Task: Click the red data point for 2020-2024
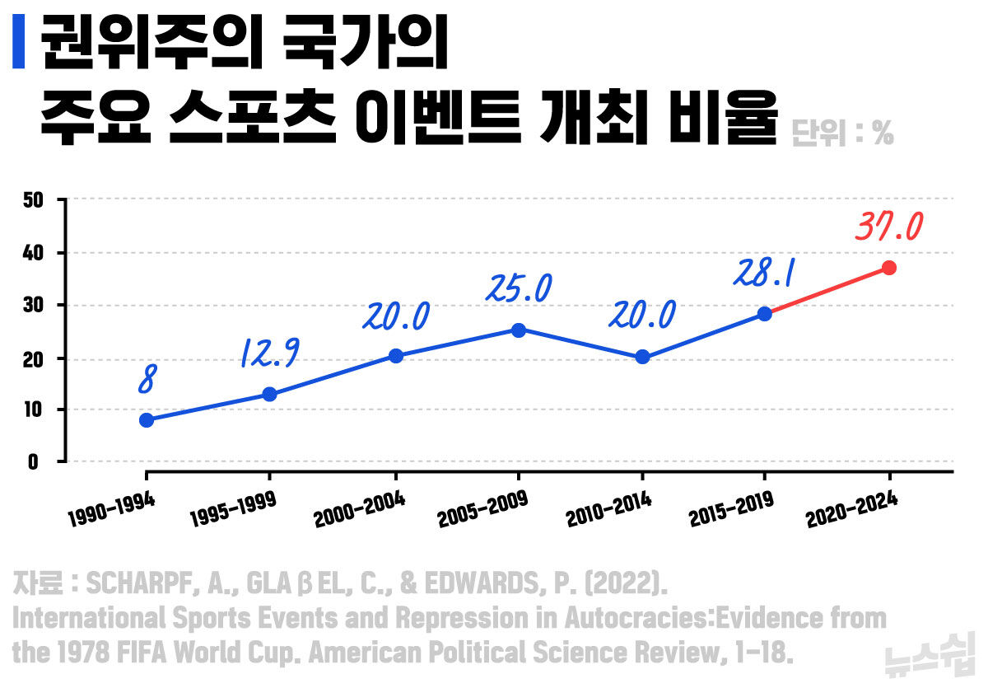coord(888,268)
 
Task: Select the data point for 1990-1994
coord(147,420)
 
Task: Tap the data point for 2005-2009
coord(518,330)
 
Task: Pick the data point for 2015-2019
coord(764,314)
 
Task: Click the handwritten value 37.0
coord(888,227)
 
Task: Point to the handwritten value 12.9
coord(269,353)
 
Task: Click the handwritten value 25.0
coord(518,288)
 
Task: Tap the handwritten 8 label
coord(147,381)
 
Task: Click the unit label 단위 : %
coord(841,133)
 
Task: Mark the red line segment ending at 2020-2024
coord(827,291)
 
